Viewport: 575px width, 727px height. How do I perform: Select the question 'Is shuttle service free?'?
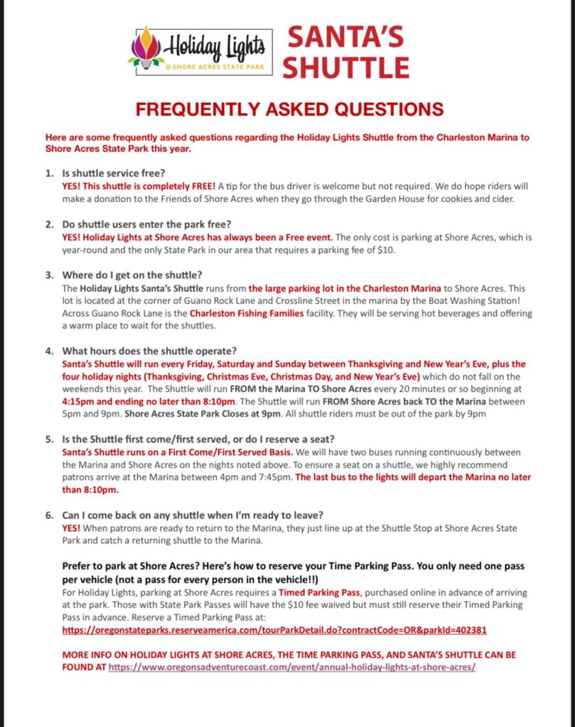pyautogui.click(x=122, y=173)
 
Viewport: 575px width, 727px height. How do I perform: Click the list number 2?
pyautogui.click(x=48, y=225)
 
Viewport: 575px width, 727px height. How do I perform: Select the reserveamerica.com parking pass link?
pyautogui.click(x=274, y=630)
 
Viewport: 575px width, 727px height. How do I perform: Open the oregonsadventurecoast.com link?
pyautogui.click(x=292, y=668)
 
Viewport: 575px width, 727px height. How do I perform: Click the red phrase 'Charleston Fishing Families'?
pyautogui.click(x=246, y=313)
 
